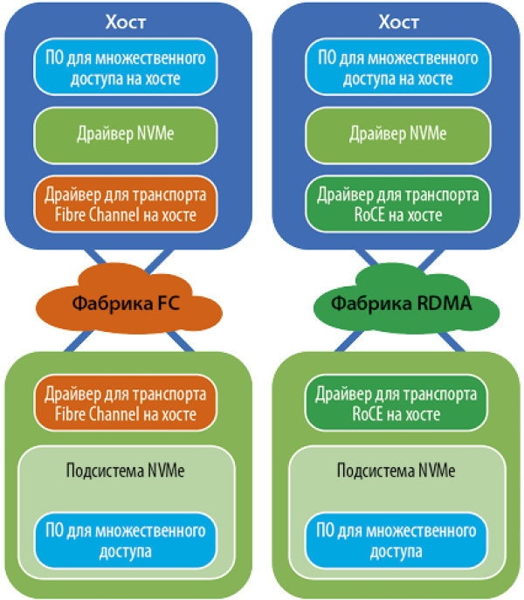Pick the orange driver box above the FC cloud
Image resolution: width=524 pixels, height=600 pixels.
click(x=126, y=202)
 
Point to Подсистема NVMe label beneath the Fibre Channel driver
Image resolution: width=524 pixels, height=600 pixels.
click(x=125, y=469)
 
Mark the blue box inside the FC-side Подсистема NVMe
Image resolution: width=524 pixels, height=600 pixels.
click(x=126, y=541)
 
